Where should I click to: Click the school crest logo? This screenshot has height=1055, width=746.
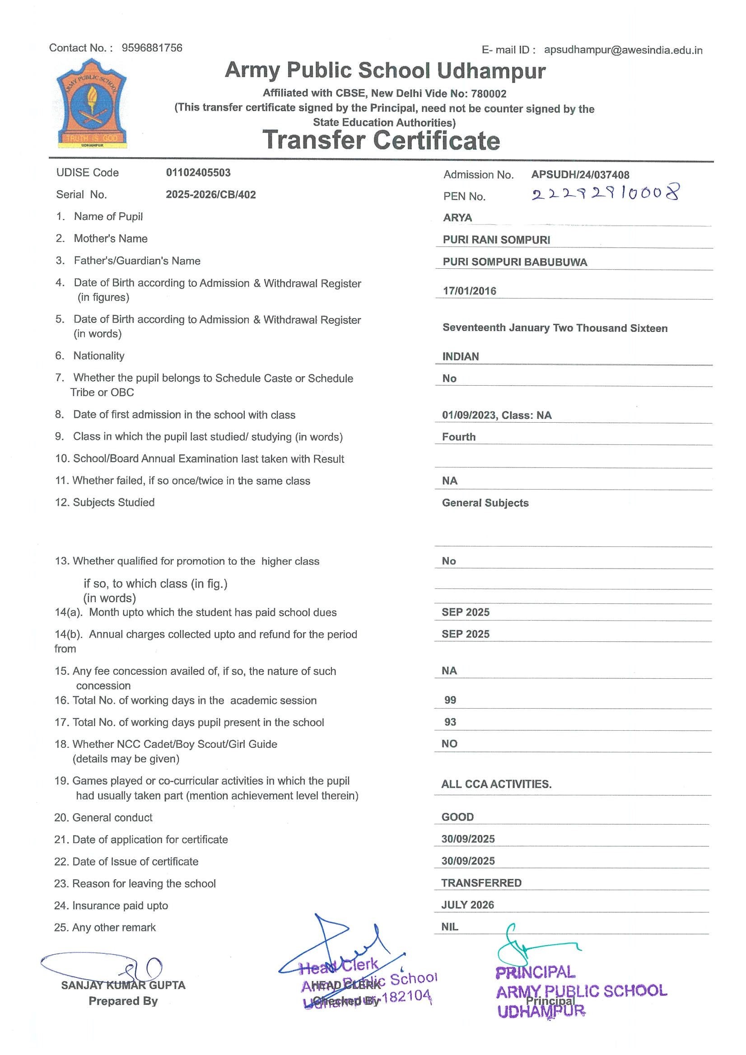[91, 103]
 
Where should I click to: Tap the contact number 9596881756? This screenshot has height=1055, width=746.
[152, 48]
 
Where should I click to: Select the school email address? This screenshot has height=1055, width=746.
[623, 50]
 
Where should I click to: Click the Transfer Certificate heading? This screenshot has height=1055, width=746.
[381, 140]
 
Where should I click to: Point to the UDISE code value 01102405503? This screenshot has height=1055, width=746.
[198, 173]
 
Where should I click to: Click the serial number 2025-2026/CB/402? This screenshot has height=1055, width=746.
[210, 194]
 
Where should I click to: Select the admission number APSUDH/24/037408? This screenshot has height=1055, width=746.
[580, 175]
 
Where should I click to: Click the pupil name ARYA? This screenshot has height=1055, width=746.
[457, 218]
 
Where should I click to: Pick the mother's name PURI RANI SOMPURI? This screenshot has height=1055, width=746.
[496, 240]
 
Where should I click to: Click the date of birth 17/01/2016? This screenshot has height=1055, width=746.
[469, 291]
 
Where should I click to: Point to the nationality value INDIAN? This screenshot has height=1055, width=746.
[460, 357]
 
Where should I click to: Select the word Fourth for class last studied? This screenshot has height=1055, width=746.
[458, 437]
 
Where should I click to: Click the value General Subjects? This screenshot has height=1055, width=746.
[485, 503]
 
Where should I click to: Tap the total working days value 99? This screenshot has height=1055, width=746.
[450, 700]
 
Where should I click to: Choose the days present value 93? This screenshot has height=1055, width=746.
[450, 722]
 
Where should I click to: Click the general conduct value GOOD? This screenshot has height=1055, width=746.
[457, 817]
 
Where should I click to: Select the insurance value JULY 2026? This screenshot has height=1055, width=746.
[467, 905]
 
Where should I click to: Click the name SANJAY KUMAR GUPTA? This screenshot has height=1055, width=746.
[123, 985]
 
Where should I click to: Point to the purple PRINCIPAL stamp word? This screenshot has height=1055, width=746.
[535, 972]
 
